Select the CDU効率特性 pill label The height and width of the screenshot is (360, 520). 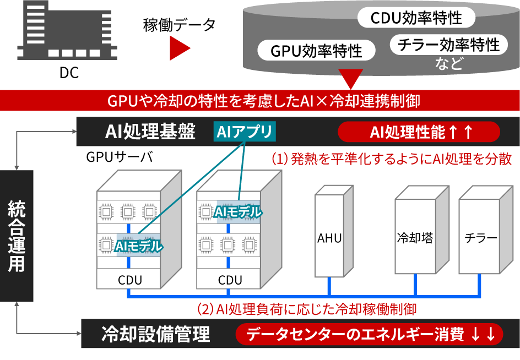click(416, 18)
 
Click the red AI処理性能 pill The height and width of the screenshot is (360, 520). click(418, 132)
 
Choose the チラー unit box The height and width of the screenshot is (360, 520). click(480, 238)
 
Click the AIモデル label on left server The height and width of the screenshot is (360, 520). click(138, 247)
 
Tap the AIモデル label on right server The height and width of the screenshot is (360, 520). click(239, 211)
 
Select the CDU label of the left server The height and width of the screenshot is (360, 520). click(129, 280)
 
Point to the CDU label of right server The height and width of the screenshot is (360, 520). click(230, 280)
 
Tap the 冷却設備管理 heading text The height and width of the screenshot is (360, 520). click(156, 334)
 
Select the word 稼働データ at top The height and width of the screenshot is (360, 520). click(179, 25)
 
